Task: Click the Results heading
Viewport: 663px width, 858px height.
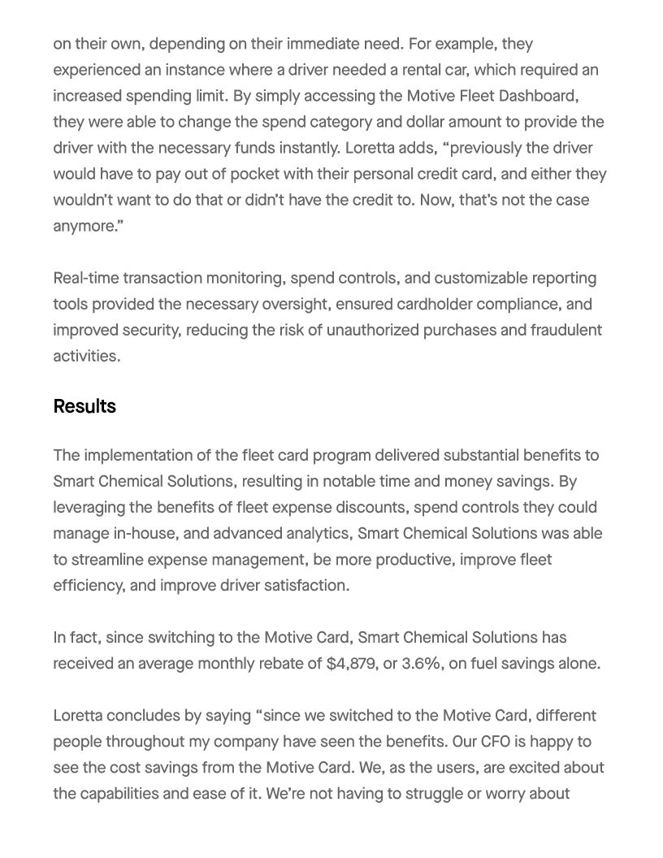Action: tap(84, 406)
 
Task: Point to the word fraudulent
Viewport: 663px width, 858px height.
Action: tap(564, 330)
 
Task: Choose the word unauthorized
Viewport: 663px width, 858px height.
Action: tap(374, 330)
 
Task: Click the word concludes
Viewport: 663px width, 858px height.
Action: tap(138, 716)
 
